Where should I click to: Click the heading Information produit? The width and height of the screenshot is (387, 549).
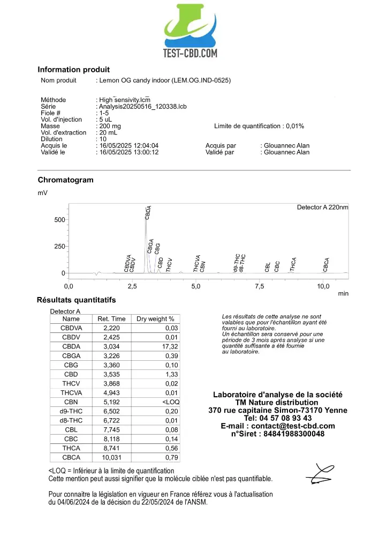[73, 70]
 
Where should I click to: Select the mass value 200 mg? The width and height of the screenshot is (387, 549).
[110, 127]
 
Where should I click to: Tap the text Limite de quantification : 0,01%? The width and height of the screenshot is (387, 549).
[259, 127]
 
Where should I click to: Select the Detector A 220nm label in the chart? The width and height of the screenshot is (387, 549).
[322, 207]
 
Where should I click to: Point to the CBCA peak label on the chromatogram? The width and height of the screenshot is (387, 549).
[327, 265]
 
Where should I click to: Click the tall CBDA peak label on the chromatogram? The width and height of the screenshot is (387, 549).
[148, 212]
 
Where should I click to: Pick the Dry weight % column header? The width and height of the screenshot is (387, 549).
[155, 319]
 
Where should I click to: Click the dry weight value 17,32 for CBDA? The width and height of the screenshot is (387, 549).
[170, 347]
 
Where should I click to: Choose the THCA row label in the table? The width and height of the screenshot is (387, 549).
[71, 448]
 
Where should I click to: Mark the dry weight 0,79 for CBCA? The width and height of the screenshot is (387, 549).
[171, 457]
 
